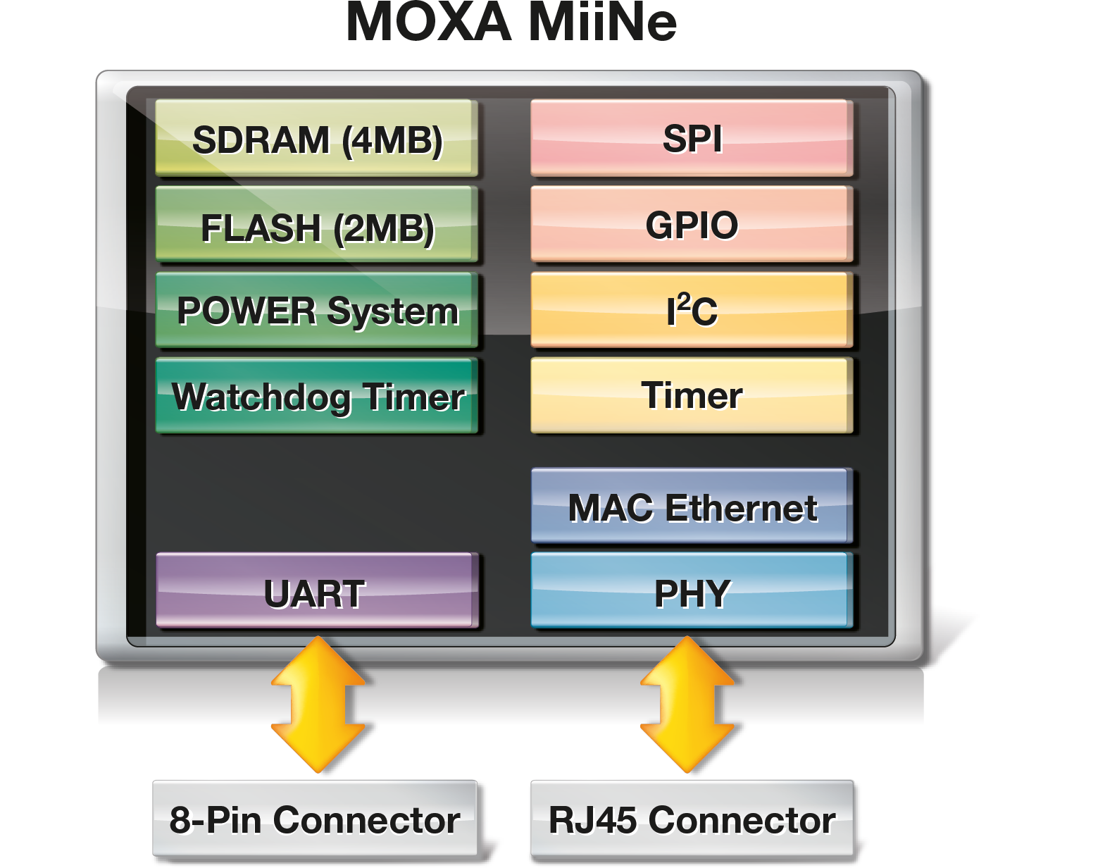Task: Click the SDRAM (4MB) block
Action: pyautogui.click(x=316, y=138)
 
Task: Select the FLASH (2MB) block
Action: pyautogui.click(x=316, y=225)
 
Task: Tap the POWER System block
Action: pyautogui.click(x=316, y=311)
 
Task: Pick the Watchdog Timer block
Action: pyautogui.click(x=316, y=396)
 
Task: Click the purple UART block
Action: pyautogui.click(x=316, y=592)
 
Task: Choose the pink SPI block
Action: pyautogui.click(x=691, y=138)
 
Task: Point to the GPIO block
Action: pyautogui.click(x=691, y=225)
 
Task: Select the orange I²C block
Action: pyautogui.click(x=691, y=311)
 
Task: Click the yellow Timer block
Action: pyautogui.click(x=691, y=395)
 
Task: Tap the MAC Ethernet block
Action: pyautogui.click(x=691, y=507)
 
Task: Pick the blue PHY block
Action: pyautogui.click(x=691, y=592)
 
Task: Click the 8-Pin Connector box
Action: pyautogui.click(x=315, y=819)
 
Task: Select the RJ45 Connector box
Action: pyautogui.click(x=692, y=819)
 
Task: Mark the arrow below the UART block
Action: pyautogui.click(x=318, y=705)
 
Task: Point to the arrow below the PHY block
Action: pyautogui.click(x=687, y=705)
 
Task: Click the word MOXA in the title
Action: pyautogui.click(x=428, y=23)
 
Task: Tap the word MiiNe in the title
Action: pyautogui.click(x=602, y=23)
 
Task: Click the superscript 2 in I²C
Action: pyautogui.click(x=683, y=300)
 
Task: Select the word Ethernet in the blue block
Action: pyautogui.click(x=741, y=508)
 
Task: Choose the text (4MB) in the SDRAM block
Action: pyautogui.click(x=392, y=140)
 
